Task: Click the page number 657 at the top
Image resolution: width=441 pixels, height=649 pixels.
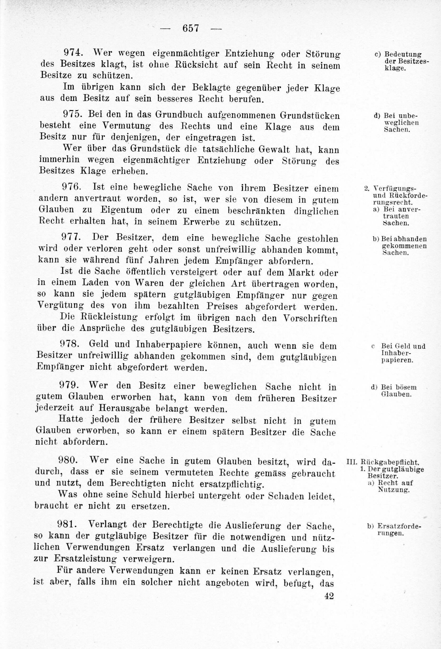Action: tap(190, 28)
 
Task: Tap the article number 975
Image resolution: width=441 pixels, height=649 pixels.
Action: tap(74, 114)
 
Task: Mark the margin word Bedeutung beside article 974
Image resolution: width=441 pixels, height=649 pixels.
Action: tap(403, 55)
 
